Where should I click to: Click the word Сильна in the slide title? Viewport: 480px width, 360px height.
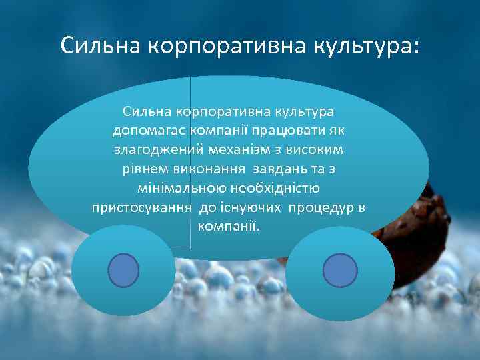pyautogui.click(x=100, y=46)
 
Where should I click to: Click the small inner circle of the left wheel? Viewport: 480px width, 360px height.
pyautogui.click(x=123, y=271)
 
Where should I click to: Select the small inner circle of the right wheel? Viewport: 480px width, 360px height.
pyautogui.click(x=340, y=271)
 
